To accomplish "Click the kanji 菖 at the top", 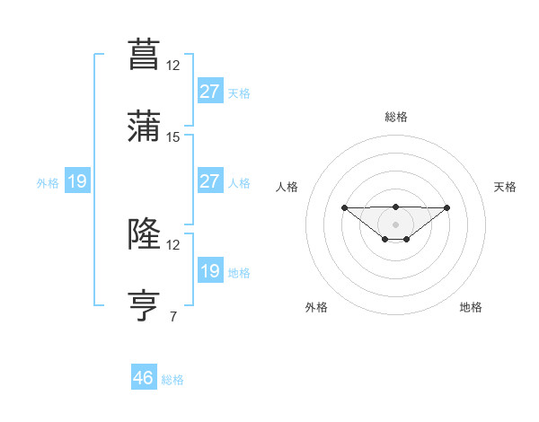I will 145,53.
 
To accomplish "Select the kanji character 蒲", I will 145,127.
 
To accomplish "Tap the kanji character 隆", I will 145,235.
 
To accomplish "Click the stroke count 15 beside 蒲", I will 173,137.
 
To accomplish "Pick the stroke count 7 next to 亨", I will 173,316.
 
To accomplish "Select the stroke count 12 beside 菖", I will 173,65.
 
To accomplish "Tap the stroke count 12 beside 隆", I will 173,244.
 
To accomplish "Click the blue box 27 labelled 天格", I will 209,91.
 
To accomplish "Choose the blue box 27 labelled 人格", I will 209,181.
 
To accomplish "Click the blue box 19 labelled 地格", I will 209,271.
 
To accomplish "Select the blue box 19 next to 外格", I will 77,182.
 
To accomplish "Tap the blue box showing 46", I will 144,378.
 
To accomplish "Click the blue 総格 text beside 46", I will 172,380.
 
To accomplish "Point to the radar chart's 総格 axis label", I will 395,117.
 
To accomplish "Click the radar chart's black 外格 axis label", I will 316,307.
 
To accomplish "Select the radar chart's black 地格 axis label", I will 471,307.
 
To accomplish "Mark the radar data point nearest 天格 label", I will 447,207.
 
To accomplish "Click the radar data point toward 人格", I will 345,208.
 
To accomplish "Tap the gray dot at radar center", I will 395,224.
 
